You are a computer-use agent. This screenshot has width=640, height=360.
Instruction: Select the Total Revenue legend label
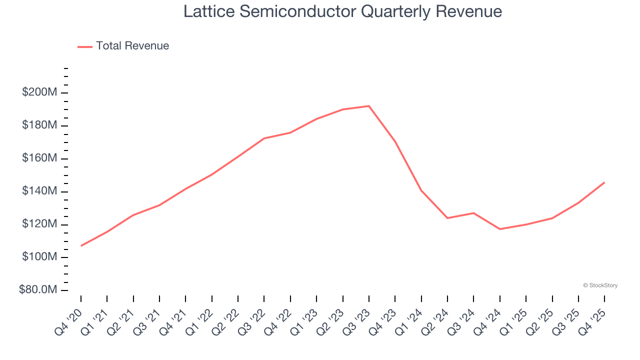[x=132, y=46]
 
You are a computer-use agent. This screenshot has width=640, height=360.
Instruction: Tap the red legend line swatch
[x=85, y=46]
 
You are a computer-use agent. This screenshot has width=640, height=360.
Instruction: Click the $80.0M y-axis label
[x=38, y=290]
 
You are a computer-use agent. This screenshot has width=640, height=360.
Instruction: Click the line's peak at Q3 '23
[x=369, y=106]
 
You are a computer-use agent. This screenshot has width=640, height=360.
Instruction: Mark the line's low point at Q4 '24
[x=500, y=229]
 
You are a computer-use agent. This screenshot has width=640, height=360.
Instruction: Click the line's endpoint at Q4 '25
[x=604, y=182]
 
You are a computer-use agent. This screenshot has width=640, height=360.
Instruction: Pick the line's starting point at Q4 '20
[x=81, y=245]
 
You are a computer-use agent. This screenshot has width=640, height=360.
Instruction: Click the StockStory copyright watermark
[x=600, y=285]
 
